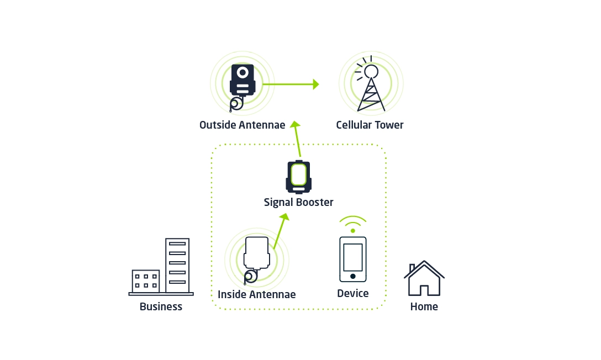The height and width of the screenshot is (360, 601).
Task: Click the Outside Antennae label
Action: (242, 125)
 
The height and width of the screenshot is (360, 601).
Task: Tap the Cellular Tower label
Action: (370, 125)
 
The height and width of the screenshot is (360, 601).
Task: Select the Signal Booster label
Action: (299, 202)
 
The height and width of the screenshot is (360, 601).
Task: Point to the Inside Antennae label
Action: (257, 294)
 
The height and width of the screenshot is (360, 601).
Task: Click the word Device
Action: (353, 293)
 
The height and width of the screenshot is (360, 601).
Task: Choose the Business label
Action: (161, 306)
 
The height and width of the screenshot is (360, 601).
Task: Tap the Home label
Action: (424, 306)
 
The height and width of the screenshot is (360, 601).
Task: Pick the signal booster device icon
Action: (299, 177)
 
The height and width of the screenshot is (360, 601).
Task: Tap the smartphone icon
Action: (353, 260)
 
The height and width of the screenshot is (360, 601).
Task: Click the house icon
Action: (424, 278)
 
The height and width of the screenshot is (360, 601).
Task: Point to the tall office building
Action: (177, 266)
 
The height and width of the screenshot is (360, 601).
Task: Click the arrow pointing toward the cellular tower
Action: (291, 84)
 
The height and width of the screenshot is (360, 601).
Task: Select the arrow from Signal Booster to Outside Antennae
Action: (297, 139)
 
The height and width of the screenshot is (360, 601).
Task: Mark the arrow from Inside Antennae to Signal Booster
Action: (281, 231)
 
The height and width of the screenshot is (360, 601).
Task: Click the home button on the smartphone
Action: (353, 276)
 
